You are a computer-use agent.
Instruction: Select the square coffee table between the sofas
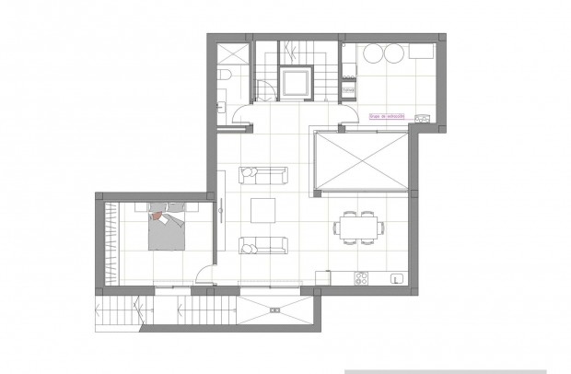(264, 211)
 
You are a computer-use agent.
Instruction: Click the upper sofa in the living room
(262, 174)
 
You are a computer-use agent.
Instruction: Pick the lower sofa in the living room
(262, 245)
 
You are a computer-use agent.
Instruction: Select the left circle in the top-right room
(374, 53)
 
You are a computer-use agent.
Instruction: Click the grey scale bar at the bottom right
(451, 370)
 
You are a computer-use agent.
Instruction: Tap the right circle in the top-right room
(395, 53)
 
